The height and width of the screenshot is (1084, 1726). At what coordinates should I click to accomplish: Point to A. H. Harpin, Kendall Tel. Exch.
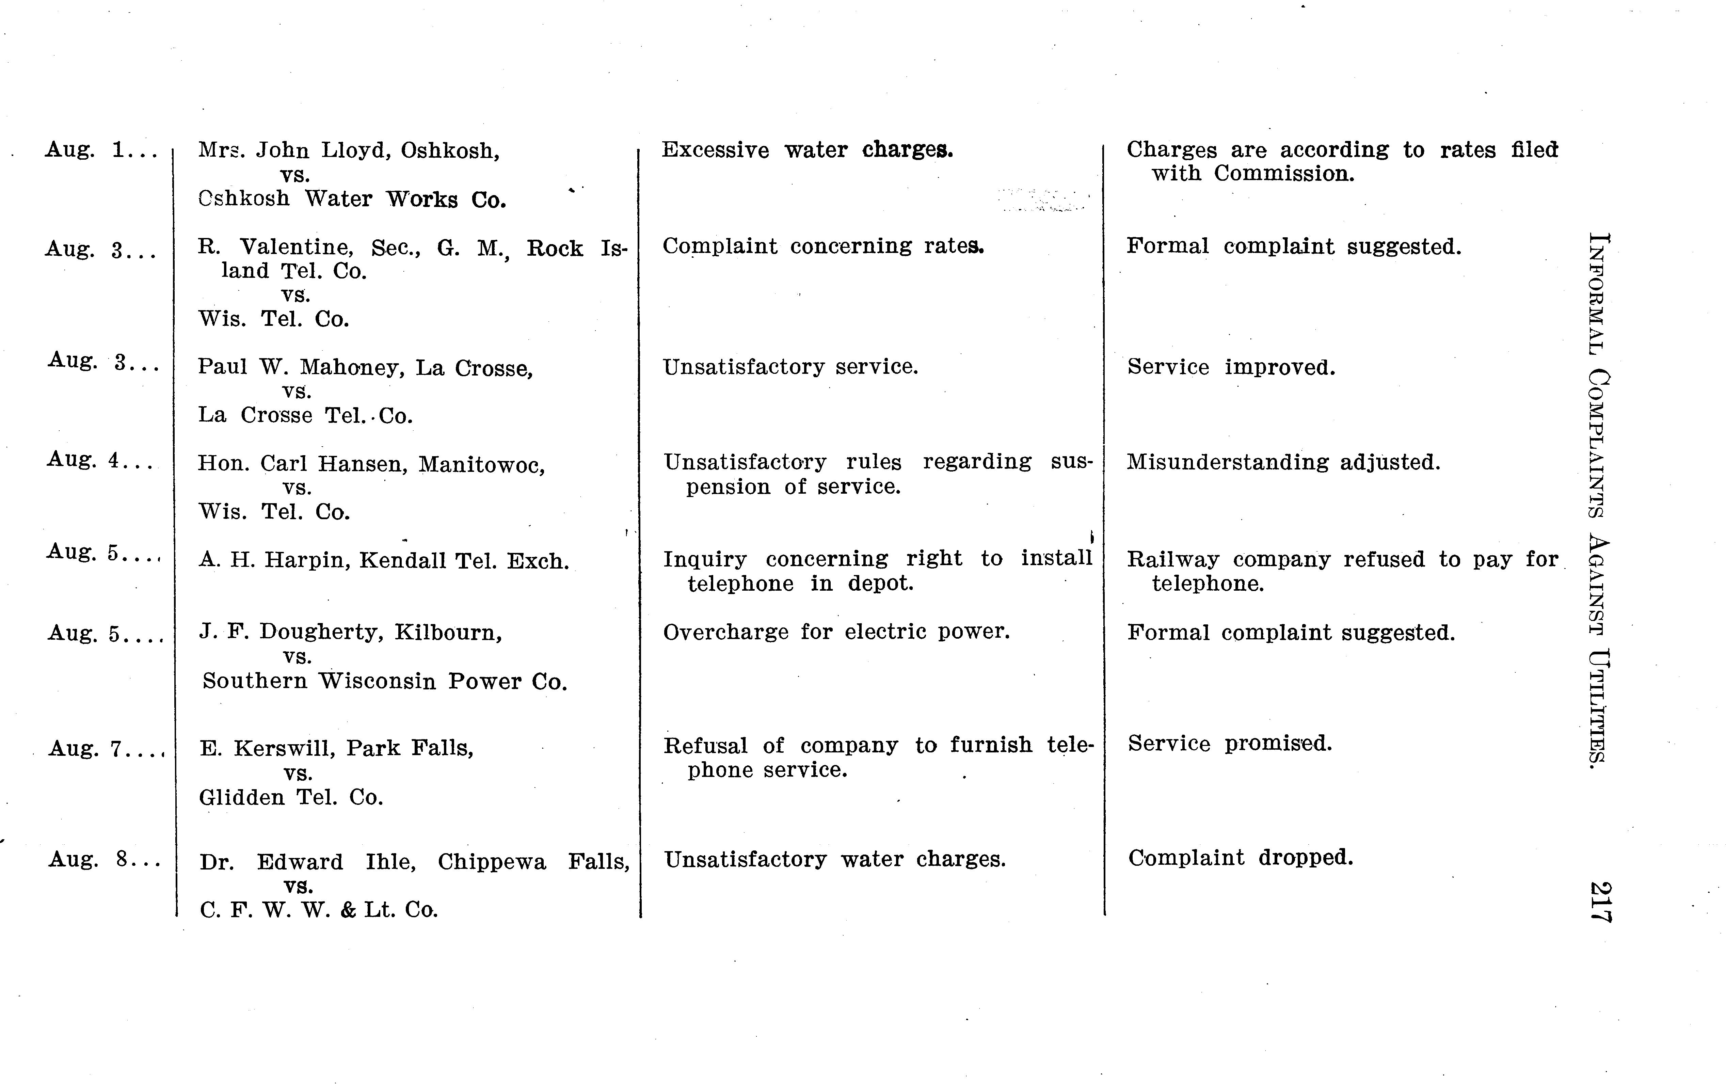383,561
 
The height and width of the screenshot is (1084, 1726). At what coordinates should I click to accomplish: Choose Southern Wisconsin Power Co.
385,681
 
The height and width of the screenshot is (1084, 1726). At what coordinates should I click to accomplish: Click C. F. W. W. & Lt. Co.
318,910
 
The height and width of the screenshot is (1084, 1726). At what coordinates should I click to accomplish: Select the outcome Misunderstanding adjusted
1283,462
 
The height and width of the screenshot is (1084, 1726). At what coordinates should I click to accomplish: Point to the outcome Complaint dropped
1240,858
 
